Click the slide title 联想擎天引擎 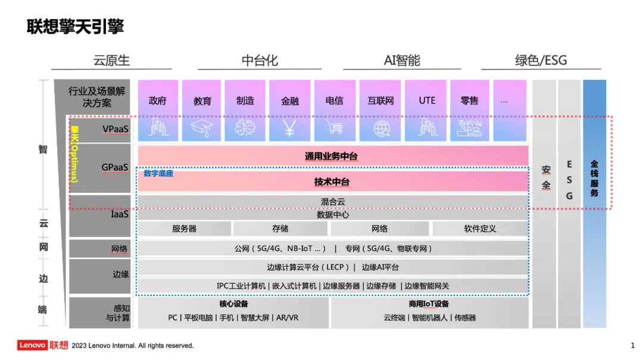tap(75, 27)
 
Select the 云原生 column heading tap(111, 60)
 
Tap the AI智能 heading tap(402, 60)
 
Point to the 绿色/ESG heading tap(541, 60)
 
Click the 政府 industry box tap(158, 101)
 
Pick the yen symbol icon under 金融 tap(289, 127)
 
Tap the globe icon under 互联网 tap(381, 127)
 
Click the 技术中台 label tap(332, 181)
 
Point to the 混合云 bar tap(333, 202)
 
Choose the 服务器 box tap(184, 228)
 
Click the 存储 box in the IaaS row tap(280, 228)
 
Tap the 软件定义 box tap(480, 228)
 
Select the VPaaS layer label tap(115, 129)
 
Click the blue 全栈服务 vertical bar tap(594, 202)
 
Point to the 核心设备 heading tap(233, 304)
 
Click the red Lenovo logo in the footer tap(33, 345)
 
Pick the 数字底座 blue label tap(158, 174)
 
